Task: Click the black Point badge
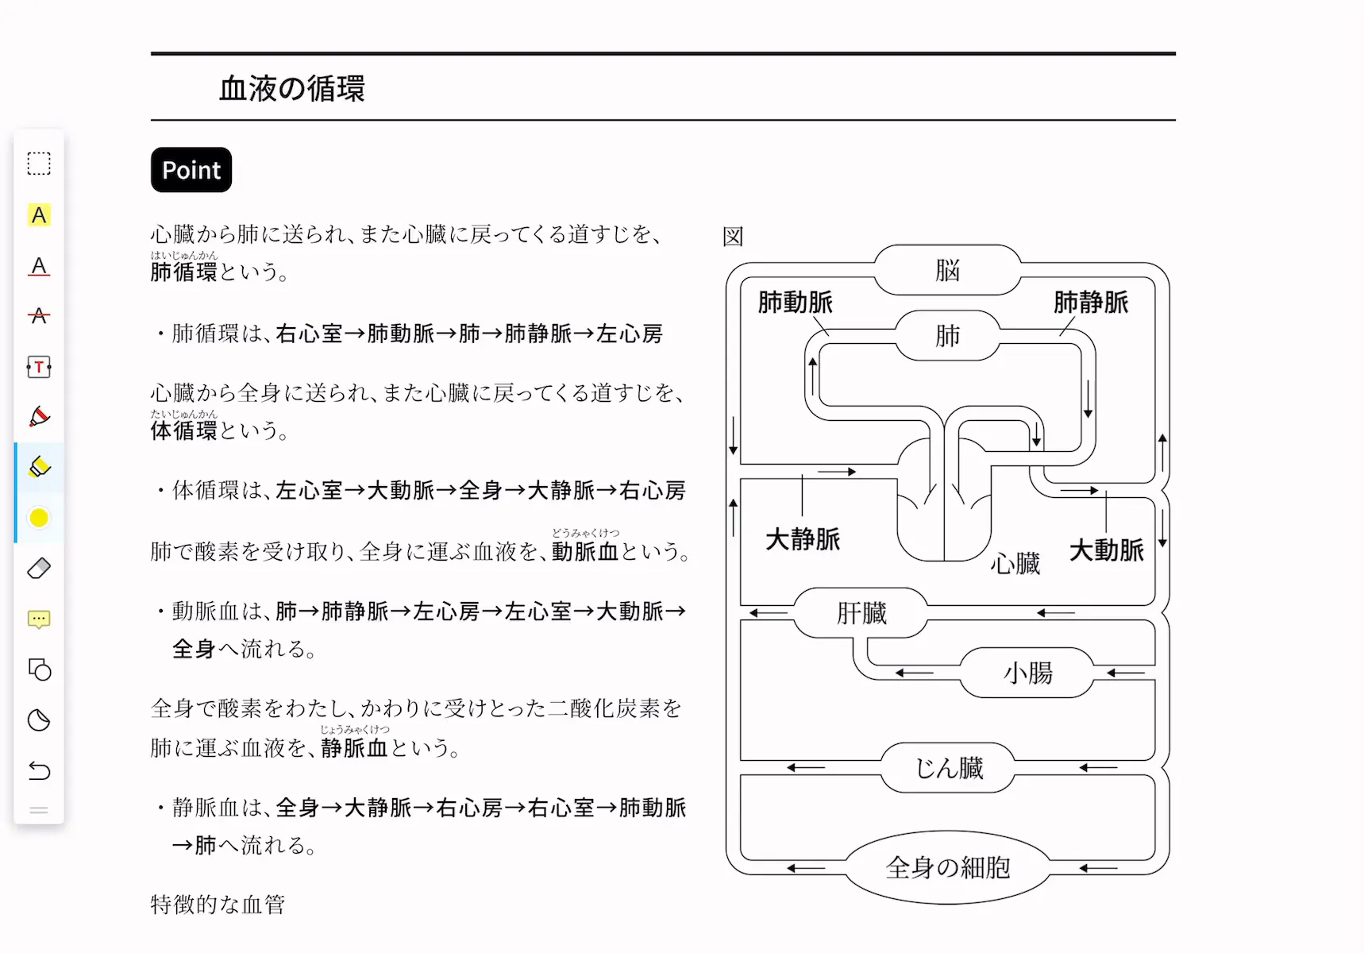(191, 170)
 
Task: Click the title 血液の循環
(292, 88)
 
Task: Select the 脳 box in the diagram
(947, 270)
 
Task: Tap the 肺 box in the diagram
(947, 335)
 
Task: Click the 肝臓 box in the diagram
(861, 612)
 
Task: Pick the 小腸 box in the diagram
(1027, 673)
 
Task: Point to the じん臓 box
(948, 767)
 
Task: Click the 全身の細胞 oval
(947, 867)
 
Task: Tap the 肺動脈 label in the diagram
(795, 302)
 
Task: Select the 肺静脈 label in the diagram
(1091, 302)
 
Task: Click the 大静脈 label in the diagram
(802, 539)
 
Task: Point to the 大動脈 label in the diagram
(1106, 550)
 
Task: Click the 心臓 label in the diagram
(1015, 563)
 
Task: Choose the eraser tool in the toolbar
(39, 568)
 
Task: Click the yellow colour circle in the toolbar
(39, 518)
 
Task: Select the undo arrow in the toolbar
(39, 770)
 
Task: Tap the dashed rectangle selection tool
(39, 164)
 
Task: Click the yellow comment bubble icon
(39, 619)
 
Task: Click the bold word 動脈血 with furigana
(585, 550)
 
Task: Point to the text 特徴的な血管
(218, 904)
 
